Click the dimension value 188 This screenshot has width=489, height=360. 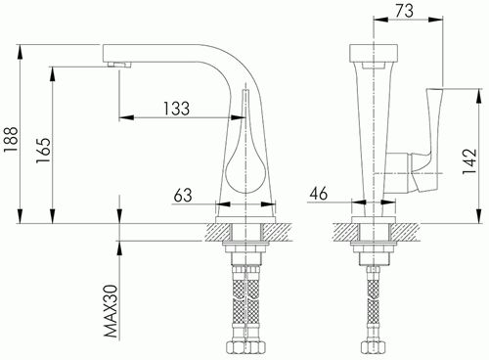[x=11, y=140]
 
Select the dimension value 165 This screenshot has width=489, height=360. [x=43, y=151]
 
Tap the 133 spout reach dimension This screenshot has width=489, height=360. [x=176, y=109]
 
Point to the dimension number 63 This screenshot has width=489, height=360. [x=183, y=195]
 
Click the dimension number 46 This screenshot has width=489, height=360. [x=319, y=194]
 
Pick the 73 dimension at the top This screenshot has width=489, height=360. [x=404, y=10]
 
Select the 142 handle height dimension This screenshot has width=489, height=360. [x=469, y=161]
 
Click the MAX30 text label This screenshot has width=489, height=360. [x=111, y=311]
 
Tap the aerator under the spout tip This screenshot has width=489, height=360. [x=119, y=64]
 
